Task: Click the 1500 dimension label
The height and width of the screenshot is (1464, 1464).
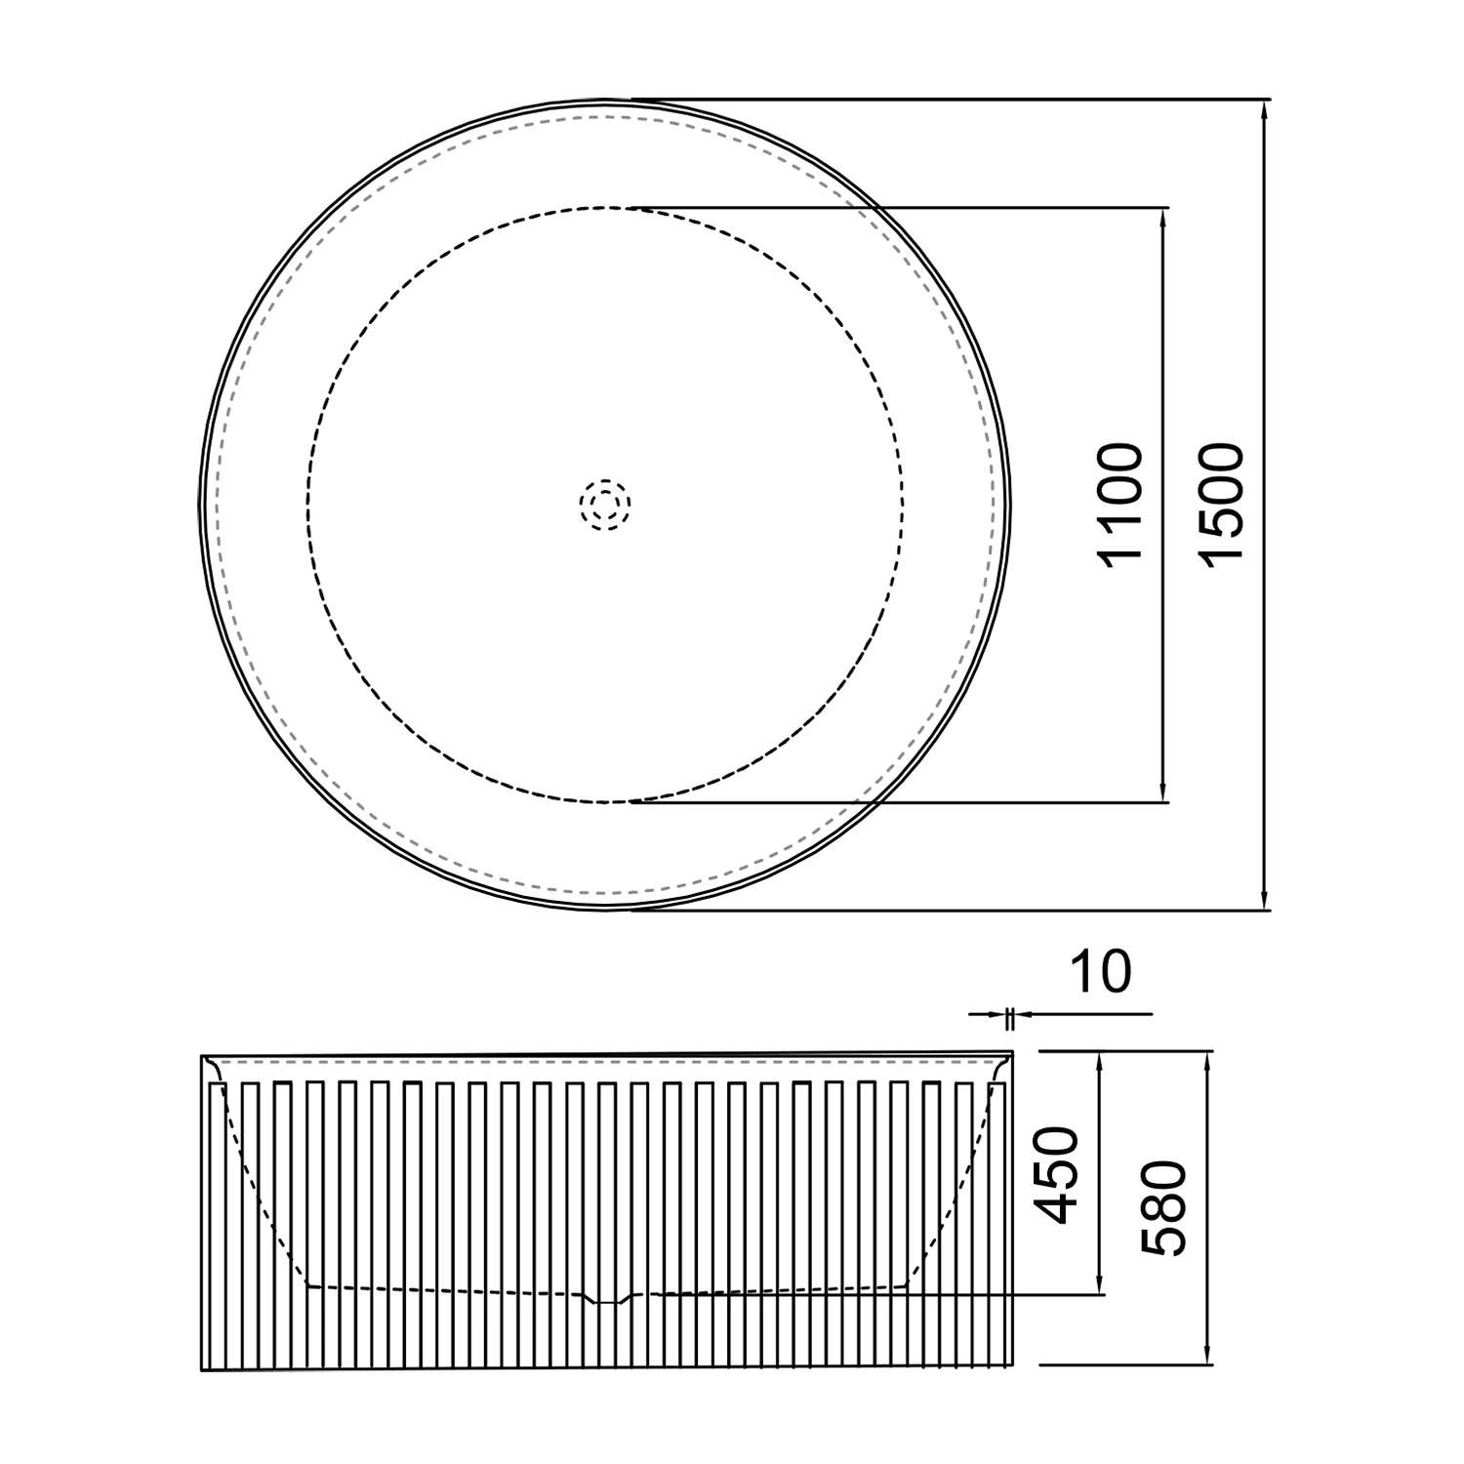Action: coord(1222,503)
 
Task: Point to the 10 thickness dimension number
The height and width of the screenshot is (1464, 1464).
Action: coord(1100,972)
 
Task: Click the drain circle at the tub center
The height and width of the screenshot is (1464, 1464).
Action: coord(605,505)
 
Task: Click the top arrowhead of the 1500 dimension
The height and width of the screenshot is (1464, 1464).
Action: coord(1265,108)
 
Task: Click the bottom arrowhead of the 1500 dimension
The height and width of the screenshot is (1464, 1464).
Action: coord(1265,902)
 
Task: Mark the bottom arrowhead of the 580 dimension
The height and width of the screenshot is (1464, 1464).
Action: coord(1209,1358)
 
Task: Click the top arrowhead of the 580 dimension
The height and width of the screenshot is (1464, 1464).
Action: coord(1209,1060)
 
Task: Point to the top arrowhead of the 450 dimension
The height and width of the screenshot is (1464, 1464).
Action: coord(1101,1060)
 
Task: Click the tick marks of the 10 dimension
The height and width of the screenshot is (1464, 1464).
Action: coord(1010,1016)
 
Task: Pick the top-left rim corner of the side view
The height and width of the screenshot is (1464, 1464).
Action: coord(203,1057)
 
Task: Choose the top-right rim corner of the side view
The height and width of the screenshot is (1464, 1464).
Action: coord(1012,1053)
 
